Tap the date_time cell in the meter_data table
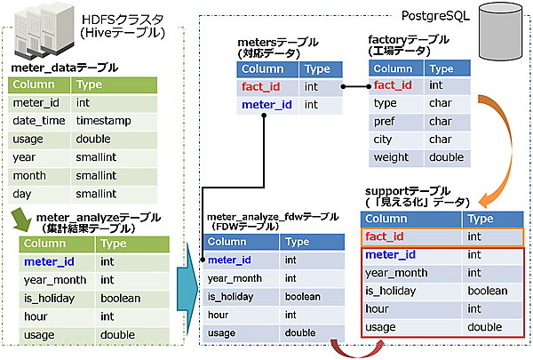[36, 120]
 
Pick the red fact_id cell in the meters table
[263, 87]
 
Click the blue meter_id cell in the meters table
[266, 105]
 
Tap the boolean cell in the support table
[487, 291]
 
